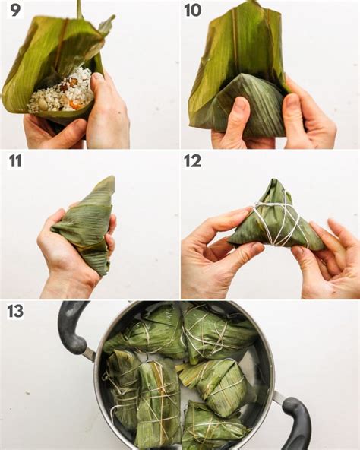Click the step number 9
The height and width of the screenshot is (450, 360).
click(x=15, y=11)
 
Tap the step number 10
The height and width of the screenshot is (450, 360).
click(x=193, y=11)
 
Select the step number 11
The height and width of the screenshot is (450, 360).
click(x=15, y=161)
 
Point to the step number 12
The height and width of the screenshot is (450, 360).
click(x=193, y=161)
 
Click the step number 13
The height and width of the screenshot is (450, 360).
click(x=15, y=311)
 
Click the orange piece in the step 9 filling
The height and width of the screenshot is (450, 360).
click(x=76, y=106)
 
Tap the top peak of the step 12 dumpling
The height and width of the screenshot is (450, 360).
click(x=276, y=180)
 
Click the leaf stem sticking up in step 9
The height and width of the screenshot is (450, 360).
click(x=79, y=8)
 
